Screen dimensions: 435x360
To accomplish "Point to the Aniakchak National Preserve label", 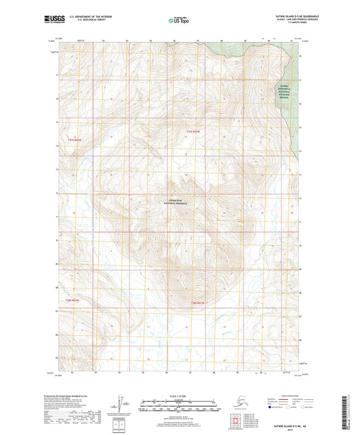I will (175, 201).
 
